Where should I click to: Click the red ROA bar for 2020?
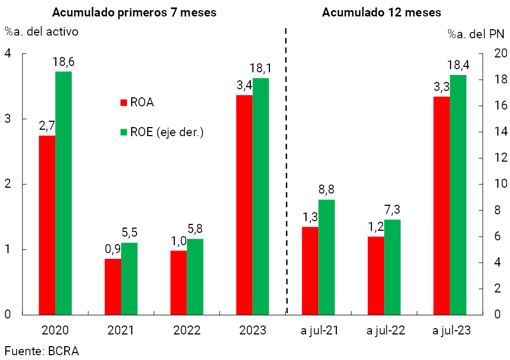point(47,225)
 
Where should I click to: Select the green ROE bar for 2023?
point(260,196)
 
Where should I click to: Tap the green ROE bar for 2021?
point(129,279)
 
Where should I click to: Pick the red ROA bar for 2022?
point(178,282)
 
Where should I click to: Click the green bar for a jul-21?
point(327,257)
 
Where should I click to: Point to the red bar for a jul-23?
point(441,205)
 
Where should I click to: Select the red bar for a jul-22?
point(376,275)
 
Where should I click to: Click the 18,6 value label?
point(63,62)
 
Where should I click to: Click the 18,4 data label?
point(458,65)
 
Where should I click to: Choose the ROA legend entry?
point(137,103)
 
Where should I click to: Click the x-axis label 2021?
point(121,331)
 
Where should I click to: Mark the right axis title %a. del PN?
point(475,35)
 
